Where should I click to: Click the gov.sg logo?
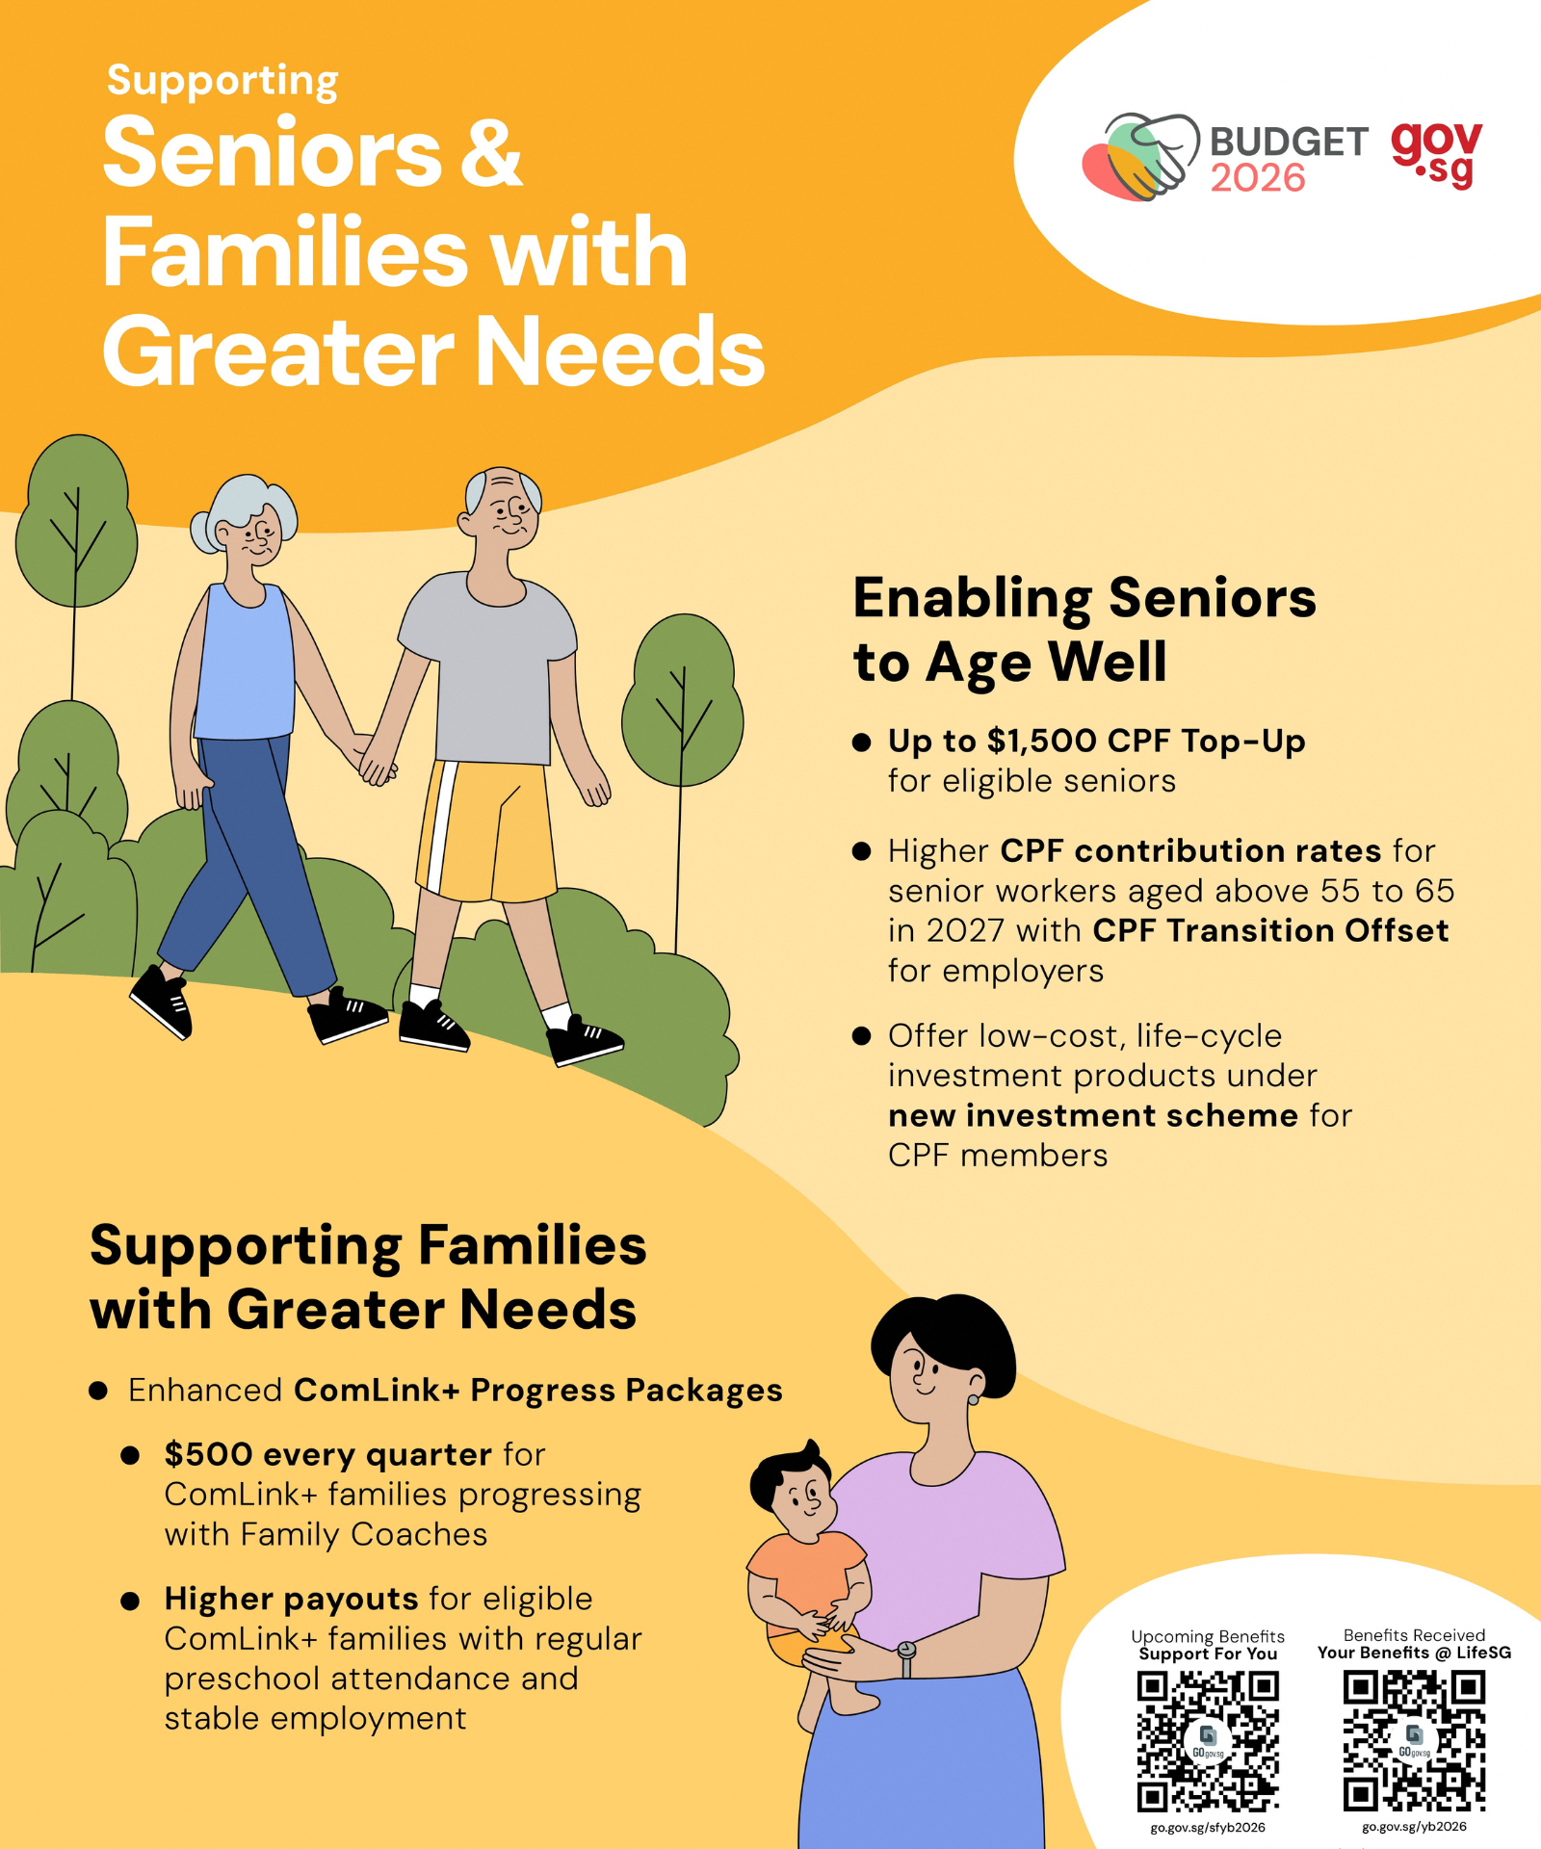coord(1436,154)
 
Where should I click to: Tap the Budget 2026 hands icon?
coord(1141,157)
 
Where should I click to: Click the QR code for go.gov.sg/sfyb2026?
coord(1208,1741)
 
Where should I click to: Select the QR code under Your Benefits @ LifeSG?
coord(1414,1740)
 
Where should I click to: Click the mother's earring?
coord(973,1398)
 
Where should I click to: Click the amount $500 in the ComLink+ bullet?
coord(208,1454)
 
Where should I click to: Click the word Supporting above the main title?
coord(222,81)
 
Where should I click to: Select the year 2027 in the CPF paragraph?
coord(965,930)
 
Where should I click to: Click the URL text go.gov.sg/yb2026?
coord(1414,1826)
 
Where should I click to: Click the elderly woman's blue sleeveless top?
coord(246,664)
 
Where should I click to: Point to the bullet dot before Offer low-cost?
coord(862,1036)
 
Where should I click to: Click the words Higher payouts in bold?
coord(291,1599)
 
